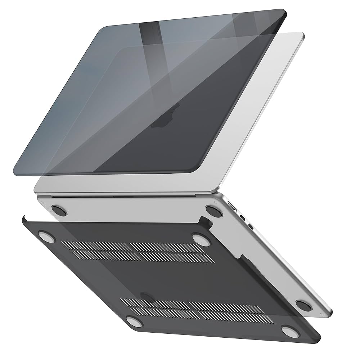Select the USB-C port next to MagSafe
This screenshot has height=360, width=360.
click(x=243, y=217)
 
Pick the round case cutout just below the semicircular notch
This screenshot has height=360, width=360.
click(x=134, y=320)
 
